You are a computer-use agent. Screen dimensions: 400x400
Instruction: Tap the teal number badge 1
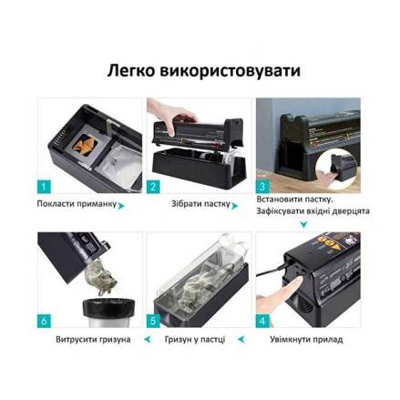pyautogui.click(x=44, y=187)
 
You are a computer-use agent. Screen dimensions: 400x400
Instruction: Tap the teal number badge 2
pyautogui.click(x=153, y=187)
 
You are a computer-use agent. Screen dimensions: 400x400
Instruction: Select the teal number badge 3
pyautogui.click(x=262, y=187)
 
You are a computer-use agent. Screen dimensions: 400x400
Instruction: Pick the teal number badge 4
pyautogui.click(x=262, y=321)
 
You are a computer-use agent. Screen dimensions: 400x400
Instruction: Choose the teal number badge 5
pyautogui.click(x=153, y=321)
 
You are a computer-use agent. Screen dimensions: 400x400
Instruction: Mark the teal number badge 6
pyautogui.click(x=44, y=321)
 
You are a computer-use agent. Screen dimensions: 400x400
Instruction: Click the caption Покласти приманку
pyautogui.click(x=77, y=204)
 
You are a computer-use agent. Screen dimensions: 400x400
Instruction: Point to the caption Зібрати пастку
pyautogui.click(x=201, y=203)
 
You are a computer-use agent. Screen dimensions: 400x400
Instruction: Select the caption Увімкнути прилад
pyautogui.click(x=306, y=339)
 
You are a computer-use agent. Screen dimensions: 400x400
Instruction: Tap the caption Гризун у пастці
pyautogui.click(x=195, y=339)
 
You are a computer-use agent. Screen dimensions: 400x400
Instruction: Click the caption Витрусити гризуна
pyautogui.click(x=93, y=339)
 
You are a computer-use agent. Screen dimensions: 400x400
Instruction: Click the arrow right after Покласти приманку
pyautogui.click(x=121, y=206)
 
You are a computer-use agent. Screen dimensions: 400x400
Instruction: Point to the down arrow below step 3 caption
pyautogui.click(x=303, y=225)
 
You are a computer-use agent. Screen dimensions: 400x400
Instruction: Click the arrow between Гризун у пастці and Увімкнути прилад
pyautogui.click(x=241, y=339)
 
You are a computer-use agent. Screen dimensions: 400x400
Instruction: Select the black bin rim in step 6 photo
pyautogui.click(x=108, y=307)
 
